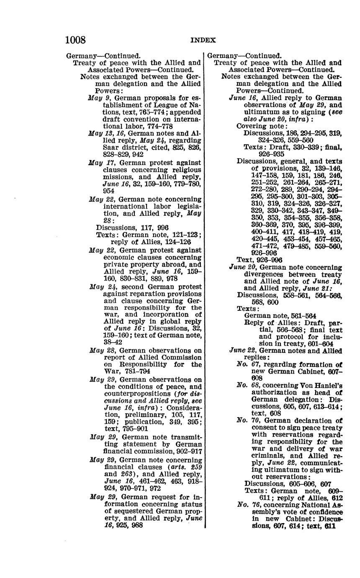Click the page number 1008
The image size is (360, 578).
(75, 40)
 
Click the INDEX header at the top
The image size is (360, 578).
(203, 41)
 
